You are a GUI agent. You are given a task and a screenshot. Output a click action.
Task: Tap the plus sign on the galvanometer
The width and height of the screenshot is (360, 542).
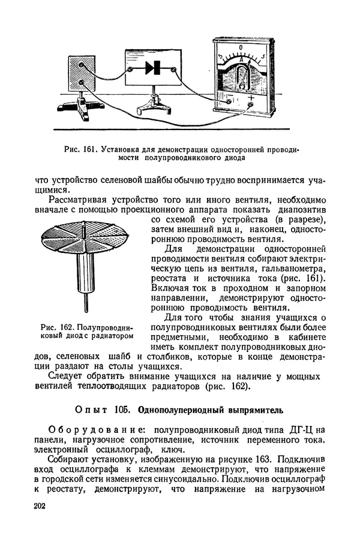click(251, 98)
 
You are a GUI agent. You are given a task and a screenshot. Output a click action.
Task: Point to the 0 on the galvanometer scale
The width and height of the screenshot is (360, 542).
click(241, 47)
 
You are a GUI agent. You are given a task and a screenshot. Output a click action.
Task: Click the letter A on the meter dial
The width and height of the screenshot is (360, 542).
click(241, 59)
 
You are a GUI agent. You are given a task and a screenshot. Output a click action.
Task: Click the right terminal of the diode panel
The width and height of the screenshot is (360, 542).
click(174, 70)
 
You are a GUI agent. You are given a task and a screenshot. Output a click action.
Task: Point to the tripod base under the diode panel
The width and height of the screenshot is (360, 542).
click(153, 108)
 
